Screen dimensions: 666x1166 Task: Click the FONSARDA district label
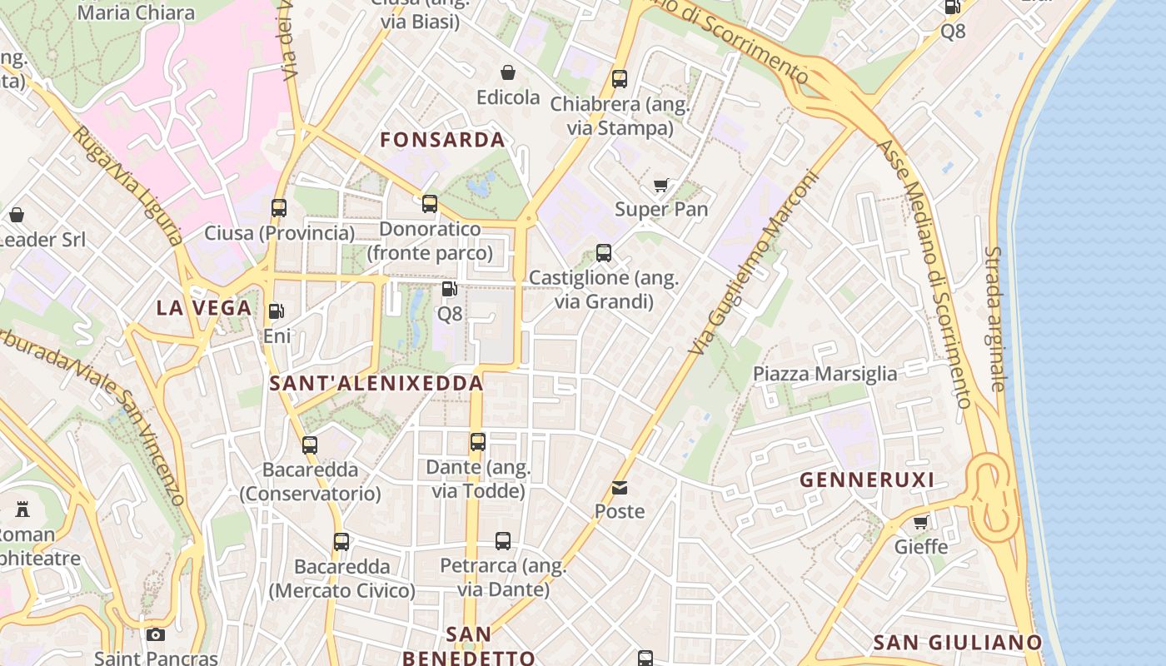pos(443,140)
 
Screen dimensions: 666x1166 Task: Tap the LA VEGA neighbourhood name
pos(204,308)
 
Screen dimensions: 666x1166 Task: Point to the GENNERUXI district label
pos(867,480)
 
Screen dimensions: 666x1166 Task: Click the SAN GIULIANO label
pos(958,643)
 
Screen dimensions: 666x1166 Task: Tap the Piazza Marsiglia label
pos(825,374)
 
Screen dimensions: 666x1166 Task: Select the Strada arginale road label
pos(995,318)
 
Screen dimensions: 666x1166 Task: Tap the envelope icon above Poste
pos(620,488)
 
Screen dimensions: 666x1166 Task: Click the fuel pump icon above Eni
pos(276,312)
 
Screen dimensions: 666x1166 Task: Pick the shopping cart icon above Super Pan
pos(661,186)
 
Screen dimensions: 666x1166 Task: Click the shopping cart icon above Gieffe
pos(921,523)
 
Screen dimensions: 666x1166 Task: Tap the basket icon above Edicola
pos(508,73)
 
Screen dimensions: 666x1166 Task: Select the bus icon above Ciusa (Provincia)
pos(279,208)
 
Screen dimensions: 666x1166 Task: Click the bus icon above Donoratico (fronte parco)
pos(430,204)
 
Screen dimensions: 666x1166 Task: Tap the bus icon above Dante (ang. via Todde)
pos(478,442)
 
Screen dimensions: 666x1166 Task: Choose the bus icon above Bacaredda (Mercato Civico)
pos(341,542)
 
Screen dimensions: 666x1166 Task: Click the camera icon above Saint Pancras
pos(156,635)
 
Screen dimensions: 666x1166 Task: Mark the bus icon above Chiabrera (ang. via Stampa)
pos(620,80)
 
